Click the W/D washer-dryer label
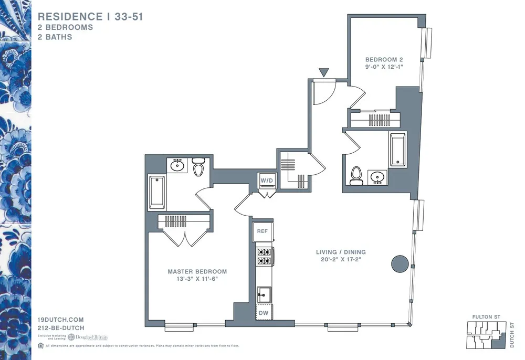(267, 181)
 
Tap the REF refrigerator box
(262, 231)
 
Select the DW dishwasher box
(262, 313)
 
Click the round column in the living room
(400, 263)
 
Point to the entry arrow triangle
(324, 72)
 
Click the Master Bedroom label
(197, 271)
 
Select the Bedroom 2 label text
(384, 59)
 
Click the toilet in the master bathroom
(198, 168)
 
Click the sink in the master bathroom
(177, 166)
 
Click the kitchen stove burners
(263, 256)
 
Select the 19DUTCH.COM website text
(61, 320)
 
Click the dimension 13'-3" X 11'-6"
(197, 279)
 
